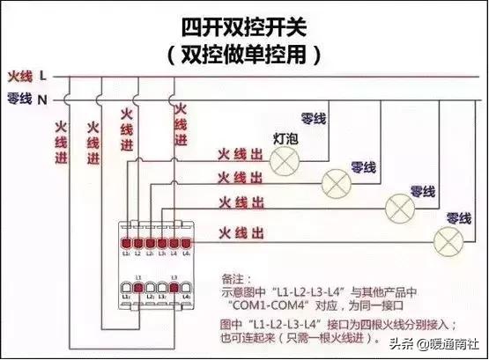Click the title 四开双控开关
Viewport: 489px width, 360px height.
pyautogui.click(x=244, y=20)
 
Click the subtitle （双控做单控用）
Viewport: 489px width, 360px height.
pyautogui.click(x=244, y=54)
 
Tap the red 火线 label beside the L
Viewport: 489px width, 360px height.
pyautogui.click(x=19, y=77)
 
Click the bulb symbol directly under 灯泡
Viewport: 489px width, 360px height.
pyautogui.click(x=284, y=158)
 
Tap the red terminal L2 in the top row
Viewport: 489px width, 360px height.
pyautogui.click(x=138, y=243)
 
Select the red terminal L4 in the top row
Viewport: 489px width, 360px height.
pyautogui.click(x=174, y=243)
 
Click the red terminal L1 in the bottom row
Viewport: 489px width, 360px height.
pyautogui.click(x=138, y=288)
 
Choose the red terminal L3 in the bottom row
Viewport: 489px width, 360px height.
pyautogui.click(x=174, y=288)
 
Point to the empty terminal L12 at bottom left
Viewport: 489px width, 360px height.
pyautogui.click(x=126, y=288)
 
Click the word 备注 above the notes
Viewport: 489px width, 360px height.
pyautogui.click(x=231, y=276)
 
